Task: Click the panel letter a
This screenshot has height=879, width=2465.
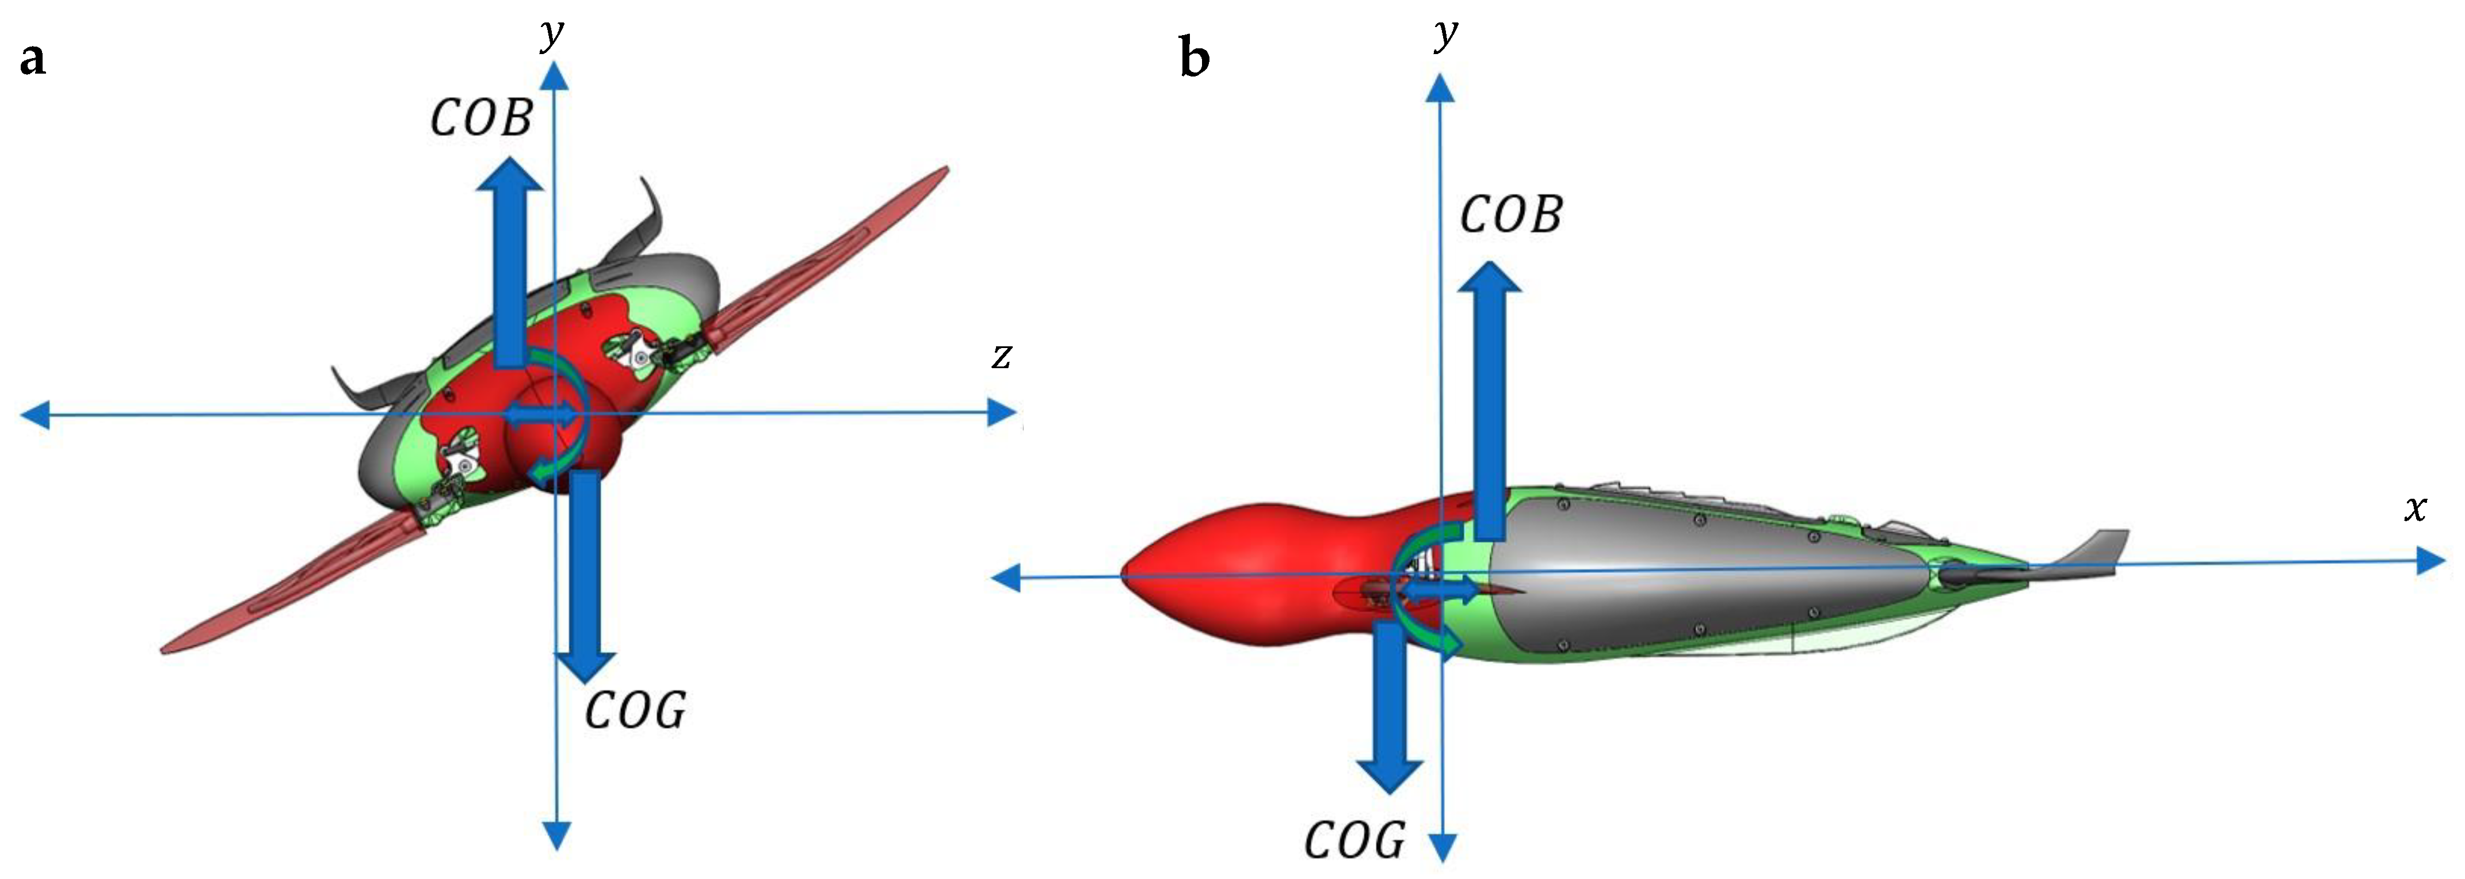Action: coord(33,59)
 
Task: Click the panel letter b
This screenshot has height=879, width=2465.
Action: coord(1194,59)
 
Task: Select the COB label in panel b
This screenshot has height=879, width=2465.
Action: coord(1511,215)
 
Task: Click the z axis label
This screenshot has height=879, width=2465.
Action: coord(1002,356)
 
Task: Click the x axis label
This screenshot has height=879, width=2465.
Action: coord(2416,508)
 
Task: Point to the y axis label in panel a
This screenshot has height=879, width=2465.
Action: coord(552,35)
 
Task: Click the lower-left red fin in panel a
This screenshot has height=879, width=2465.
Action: coord(287,583)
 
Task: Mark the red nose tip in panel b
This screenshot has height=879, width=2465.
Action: coord(1129,575)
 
